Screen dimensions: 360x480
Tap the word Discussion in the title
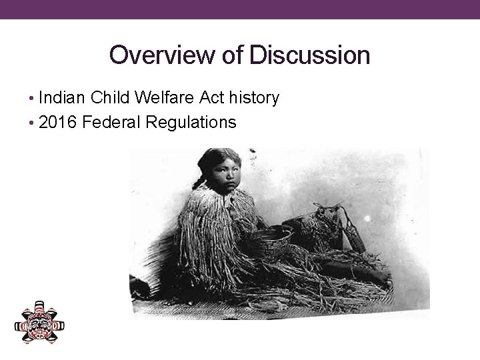pos(310,55)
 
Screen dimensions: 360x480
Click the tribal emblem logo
pos(40,323)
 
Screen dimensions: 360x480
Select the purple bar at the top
pos(240,9)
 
